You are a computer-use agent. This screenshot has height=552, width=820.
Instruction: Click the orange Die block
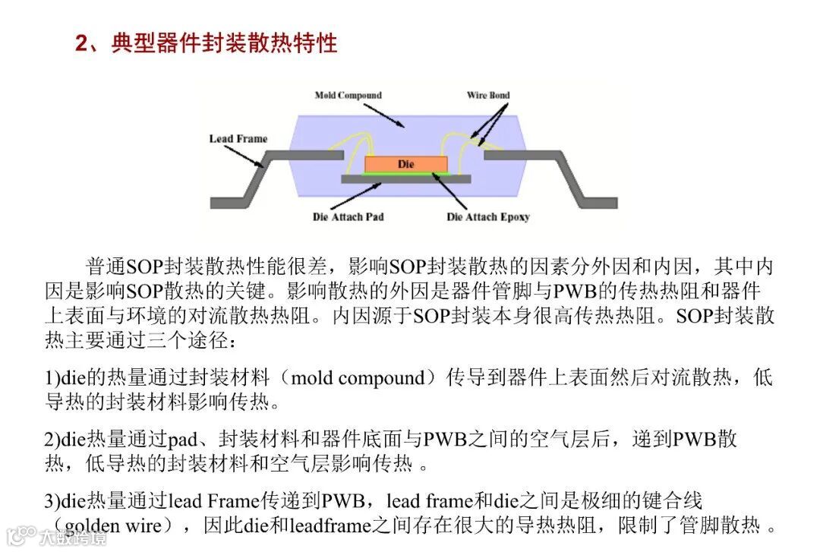(x=405, y=164)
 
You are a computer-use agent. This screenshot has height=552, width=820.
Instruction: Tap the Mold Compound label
(x=348, y=96)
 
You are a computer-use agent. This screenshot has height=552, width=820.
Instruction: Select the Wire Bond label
(x=488, y=96)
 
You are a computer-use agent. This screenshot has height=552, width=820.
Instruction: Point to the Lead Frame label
(x=238, y=139)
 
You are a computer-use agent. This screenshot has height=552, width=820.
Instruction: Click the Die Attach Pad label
(x=348, y=217)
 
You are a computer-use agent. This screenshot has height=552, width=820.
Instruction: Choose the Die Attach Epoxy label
(x=488, y=217)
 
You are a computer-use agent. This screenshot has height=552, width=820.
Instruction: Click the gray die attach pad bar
(x=405, y=180)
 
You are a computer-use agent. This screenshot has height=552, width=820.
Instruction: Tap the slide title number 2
(x=81, y=43)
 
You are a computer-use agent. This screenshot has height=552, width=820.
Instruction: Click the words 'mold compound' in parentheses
(x=357, y=378)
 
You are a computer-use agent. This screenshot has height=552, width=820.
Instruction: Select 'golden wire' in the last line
(x=109, y=525)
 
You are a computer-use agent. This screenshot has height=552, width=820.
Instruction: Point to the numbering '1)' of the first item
(x=52, y=378)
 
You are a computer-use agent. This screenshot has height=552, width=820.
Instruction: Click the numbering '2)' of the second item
(x=52, y=440)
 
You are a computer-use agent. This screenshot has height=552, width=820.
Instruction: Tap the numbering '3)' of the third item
(x=52, y=501)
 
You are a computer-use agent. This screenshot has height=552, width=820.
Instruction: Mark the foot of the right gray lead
(x=600, y=203)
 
